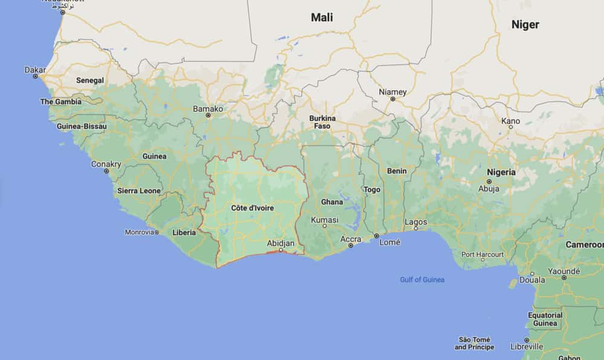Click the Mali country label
[322, 17]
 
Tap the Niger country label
[525, 25]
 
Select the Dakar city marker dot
[35, 77]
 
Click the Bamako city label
[207, 109]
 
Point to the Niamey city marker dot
[393, 98]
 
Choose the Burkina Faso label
[322, 122]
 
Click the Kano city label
[510, 121]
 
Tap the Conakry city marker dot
[106, 171]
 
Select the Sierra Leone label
[139, 191]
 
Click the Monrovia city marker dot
[156, 232]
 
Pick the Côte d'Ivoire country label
[252, 208]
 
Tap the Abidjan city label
[281, 243]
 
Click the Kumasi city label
[325, 219]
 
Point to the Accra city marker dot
[350, 246]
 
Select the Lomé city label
[390, 242]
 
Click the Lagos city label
[416, 222]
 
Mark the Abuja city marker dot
[489, 181]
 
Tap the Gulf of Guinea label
[422, 280]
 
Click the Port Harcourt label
[483, 254]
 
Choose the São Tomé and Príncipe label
[474, 343]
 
